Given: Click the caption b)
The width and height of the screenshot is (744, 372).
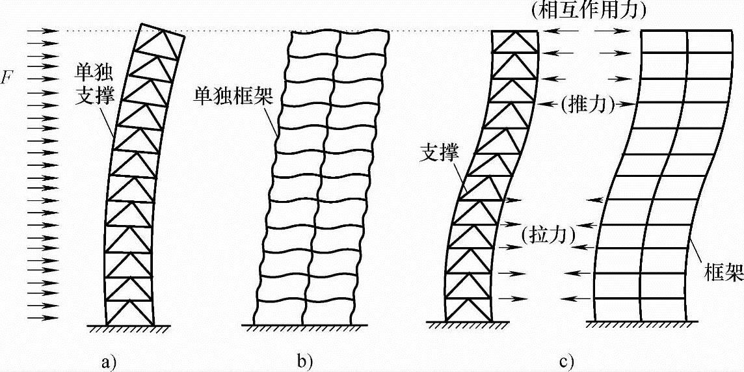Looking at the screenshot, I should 303,359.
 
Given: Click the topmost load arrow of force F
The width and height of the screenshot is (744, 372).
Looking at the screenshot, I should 42,30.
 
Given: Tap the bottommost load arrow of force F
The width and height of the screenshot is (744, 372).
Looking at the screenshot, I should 42,318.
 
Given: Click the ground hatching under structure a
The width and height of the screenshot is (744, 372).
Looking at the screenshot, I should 129,328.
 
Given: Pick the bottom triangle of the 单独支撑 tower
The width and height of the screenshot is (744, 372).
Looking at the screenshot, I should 130,312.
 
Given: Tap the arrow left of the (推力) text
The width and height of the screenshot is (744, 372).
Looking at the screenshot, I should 550,103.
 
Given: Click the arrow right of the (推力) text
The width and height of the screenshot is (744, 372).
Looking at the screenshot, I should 623,103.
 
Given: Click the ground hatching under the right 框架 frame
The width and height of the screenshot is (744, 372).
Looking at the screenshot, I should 644,325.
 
